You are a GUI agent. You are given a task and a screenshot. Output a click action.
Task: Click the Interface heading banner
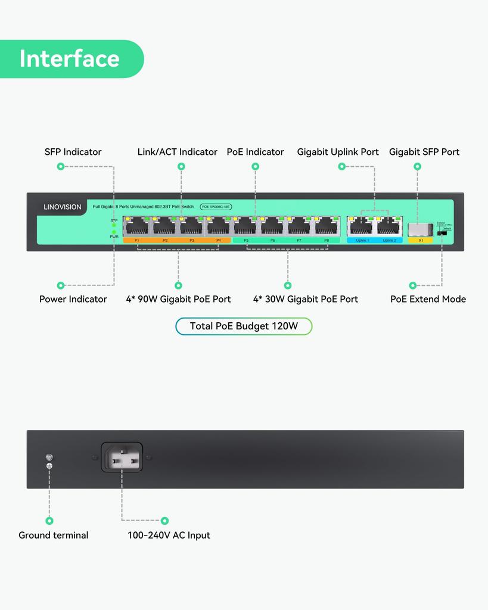[70, 58]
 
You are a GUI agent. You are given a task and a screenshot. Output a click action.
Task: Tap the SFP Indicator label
[73, 152]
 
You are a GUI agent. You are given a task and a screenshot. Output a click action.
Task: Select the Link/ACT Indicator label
[177, 152]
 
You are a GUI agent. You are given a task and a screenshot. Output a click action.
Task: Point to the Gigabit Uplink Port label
[338, 152]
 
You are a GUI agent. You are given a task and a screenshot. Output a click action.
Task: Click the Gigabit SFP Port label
[424, 152]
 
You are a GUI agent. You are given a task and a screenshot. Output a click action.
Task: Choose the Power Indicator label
[73, 299]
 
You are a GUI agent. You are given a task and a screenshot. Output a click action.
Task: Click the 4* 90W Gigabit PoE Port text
[178, 299]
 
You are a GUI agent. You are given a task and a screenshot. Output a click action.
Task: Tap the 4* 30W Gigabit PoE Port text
[306, 299]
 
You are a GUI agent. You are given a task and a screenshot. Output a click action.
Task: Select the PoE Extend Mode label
[428, 299]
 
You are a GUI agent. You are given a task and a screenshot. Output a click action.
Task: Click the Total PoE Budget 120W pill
[243, 326]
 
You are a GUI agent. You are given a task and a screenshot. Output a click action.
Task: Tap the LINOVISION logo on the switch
[63, 207]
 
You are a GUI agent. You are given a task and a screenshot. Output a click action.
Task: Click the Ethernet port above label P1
[137, 227]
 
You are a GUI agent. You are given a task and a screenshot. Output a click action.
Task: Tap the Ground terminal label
[53, 535]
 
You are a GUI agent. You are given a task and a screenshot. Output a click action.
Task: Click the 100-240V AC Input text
[169, 535]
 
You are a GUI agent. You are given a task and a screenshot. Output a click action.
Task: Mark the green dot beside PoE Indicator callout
[255, 167]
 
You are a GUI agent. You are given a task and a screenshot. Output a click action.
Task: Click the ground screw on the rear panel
[49, 457]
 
